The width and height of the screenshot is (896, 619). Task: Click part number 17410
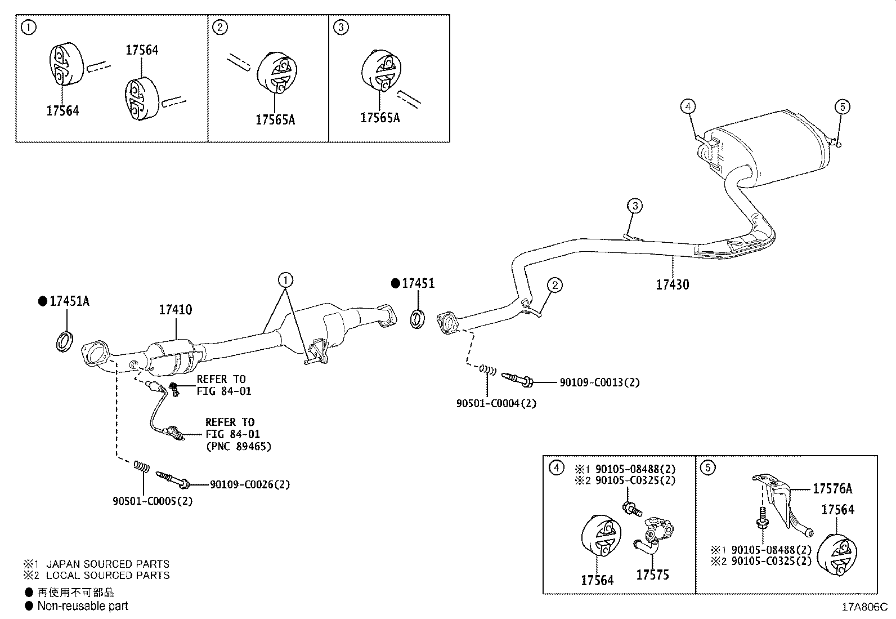(175, 310)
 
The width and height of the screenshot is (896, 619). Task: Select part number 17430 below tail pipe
(672, 284)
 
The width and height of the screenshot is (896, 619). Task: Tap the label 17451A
(69, 301)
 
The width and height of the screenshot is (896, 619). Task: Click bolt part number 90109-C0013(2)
(599, 382)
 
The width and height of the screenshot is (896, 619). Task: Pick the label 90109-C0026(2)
(250, 484)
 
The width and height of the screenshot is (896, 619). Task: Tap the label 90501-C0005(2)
(153, 501)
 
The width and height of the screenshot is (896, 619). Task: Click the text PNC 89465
(238, 447)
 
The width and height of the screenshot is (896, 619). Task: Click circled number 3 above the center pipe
(635, 206)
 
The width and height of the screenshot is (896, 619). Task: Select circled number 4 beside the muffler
(688, 106)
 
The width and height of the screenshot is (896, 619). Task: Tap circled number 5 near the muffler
(842, 106)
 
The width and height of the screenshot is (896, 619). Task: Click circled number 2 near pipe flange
(554, 285)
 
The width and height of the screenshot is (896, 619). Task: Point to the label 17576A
(832, 489)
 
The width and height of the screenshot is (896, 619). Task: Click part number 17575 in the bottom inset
(652, 575)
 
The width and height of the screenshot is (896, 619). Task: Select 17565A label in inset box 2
(275, 119)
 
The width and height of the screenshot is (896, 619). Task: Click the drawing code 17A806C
(864, 607)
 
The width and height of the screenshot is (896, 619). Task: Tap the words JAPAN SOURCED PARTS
(107, 564)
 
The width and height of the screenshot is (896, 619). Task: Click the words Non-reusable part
(83, 606)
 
